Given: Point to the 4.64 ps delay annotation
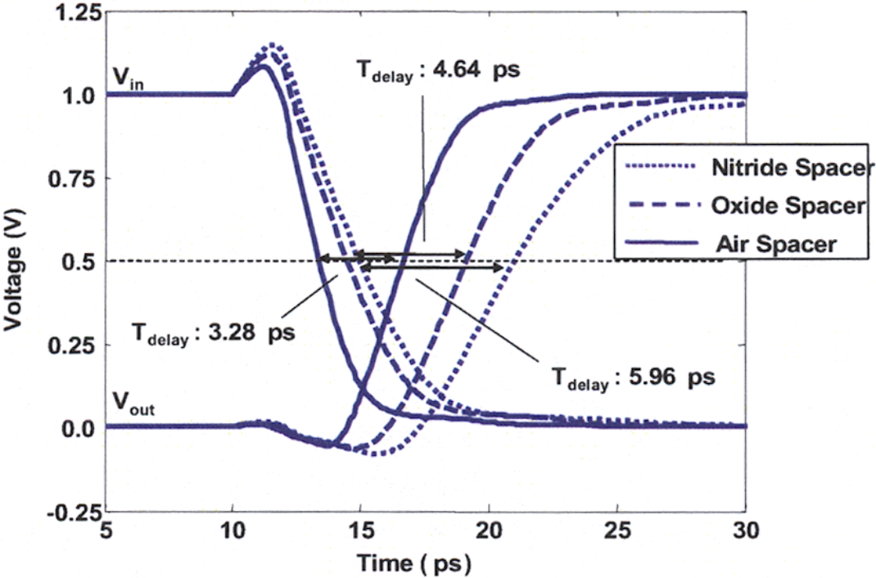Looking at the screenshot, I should click(x=437, y=70).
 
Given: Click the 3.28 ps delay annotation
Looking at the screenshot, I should click(x=214, y=334).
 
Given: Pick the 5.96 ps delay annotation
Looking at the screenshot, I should click(x=633, y=377).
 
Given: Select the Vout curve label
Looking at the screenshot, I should click(x=133, y=404).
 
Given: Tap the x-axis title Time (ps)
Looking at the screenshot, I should click(x=413, y=563).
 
